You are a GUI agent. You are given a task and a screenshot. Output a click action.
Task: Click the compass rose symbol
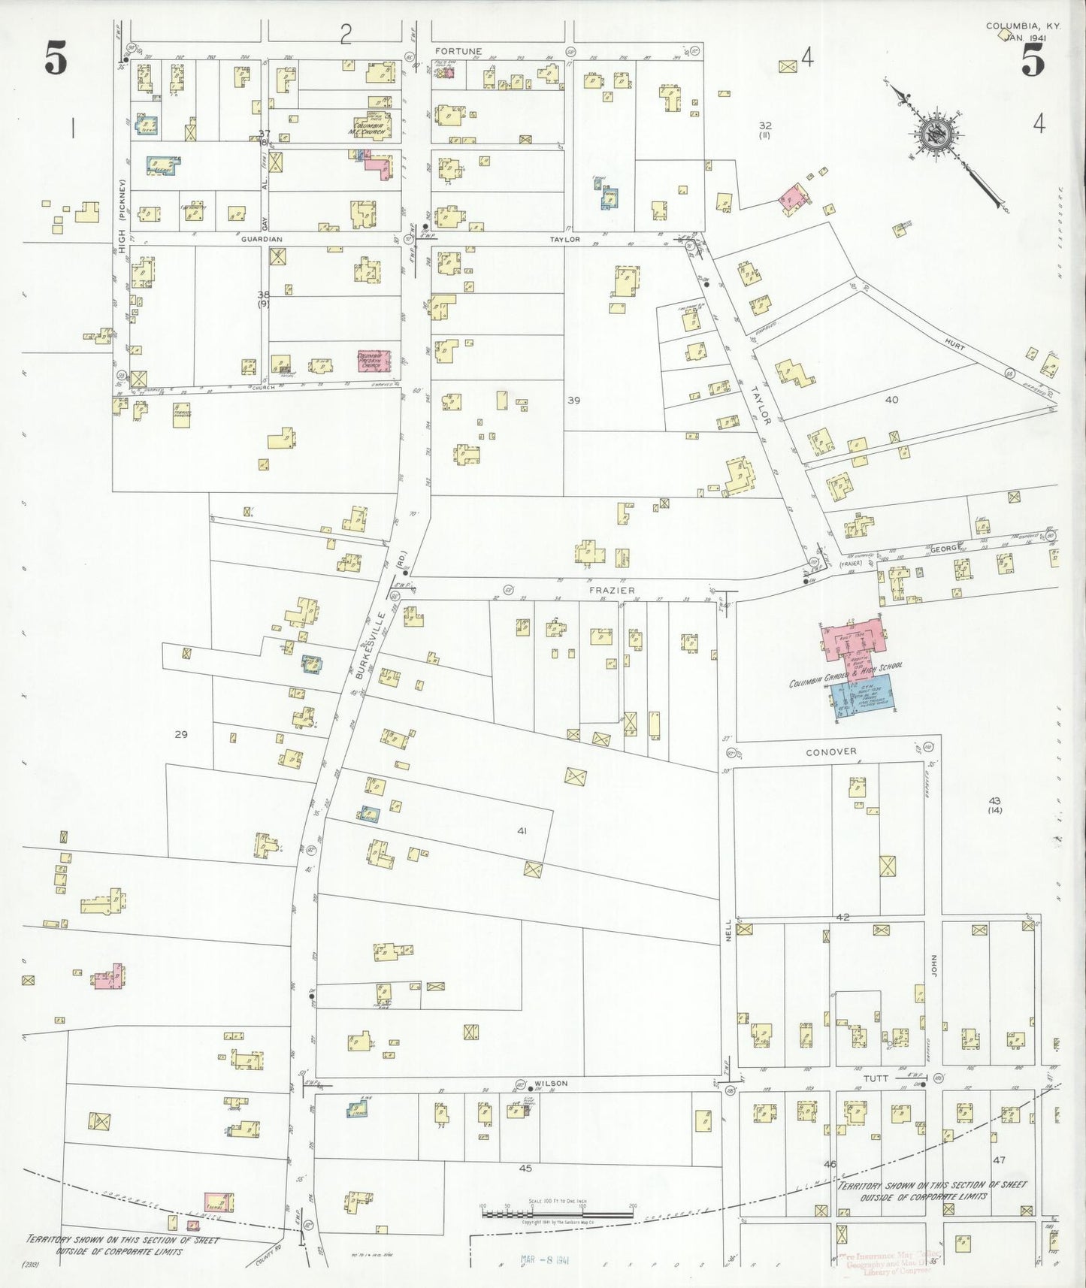coord(937,135)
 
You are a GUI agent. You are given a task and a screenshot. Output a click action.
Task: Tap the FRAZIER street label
coord(612,591)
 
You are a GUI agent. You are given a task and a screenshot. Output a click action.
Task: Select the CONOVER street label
coord(830,752)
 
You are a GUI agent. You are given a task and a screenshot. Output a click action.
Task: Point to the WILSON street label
coord(552,1084)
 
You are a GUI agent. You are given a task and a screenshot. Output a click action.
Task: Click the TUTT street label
coord(876,1078)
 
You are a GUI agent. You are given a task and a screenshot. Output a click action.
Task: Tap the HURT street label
coord(954,343)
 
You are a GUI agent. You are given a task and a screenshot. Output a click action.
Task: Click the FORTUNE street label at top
coord(458,51)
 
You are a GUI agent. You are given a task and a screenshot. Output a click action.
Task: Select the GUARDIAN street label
coord(262,239)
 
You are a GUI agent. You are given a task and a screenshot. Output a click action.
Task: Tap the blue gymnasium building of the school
coord(864,695)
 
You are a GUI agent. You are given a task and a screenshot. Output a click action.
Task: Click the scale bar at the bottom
coord(557,1211)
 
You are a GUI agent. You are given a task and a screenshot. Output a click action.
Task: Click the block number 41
coord(522,830)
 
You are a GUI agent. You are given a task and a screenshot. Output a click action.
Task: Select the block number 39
coord(573,401)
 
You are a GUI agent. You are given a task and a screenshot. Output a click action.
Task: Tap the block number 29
coord(180,734)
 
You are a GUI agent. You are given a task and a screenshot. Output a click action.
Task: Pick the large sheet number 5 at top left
coord(56,59)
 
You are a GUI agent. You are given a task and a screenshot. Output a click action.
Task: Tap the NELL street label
coord(728,931)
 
